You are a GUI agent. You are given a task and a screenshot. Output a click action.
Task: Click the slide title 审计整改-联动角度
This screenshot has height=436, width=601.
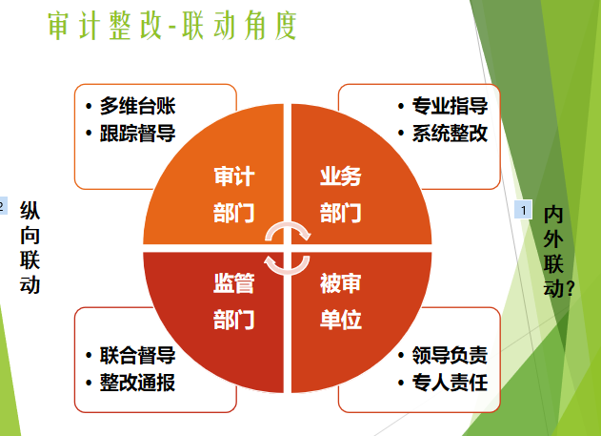pyautogui.click(x=172, y=26)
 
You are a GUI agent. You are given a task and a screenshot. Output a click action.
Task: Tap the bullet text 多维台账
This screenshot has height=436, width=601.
pyautogui.click(x=137, y=106)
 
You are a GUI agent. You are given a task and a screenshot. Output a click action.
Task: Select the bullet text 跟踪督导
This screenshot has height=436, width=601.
pyautogui.click(x=137, y=134)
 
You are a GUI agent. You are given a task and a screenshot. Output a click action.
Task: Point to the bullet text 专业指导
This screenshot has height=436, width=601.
pyautogui.click(x=450, y=106)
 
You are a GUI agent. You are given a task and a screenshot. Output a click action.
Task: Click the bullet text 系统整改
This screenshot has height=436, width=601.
pyautogui.click(x=450, y=134)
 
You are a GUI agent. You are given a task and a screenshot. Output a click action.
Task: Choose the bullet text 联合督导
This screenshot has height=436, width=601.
pyautogui.click(x=137, y=355)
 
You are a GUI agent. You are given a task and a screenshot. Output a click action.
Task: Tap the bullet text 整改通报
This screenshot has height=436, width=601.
pyautogui.click(x=137, y=383)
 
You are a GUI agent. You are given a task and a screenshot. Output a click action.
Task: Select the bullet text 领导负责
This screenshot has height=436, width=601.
pyautogui.click(x=450, y=355)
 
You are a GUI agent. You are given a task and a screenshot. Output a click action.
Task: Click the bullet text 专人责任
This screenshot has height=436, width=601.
pyautogui.click(x=450, y=383)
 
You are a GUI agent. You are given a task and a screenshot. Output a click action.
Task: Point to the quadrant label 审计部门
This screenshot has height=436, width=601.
pyautogui.click(x=233, y=195)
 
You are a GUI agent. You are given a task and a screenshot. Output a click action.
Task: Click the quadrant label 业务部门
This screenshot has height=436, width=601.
pyautogui.click(x=341, y=195)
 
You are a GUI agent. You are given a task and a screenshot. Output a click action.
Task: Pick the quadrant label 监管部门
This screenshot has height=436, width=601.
pyautogui.click(x=233, y=301)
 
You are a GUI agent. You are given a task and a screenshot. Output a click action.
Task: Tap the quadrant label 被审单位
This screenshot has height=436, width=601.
pyautogui.click(x=341, y=301)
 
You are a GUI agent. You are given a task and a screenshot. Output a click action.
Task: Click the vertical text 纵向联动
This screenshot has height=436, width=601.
pyautogui.click(x=30, y=247)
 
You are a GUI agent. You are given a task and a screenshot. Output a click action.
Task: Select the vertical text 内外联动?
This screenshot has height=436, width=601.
pyautogui.click(x=558, y=251)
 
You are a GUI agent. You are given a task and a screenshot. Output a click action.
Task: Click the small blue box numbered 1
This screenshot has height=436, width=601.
pyautogui.click(x=523, y=210)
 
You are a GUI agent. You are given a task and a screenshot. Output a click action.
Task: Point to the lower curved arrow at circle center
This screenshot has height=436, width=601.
pyautogui.click(x=288, y=272)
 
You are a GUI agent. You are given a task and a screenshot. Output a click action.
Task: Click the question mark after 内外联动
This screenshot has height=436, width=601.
pyautogui.click(x=570, y=289)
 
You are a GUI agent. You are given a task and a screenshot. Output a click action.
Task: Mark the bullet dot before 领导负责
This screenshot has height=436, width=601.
pyautogui.click(x=401, y=356)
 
